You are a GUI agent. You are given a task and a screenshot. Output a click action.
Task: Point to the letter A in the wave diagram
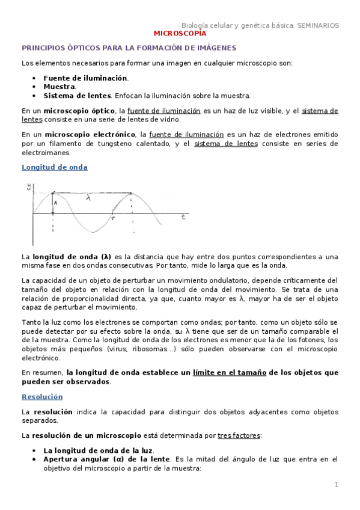[55, 203]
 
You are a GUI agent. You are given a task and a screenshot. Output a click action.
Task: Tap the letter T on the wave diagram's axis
[112, 220]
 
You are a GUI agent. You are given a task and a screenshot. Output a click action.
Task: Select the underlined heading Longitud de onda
[55, 167]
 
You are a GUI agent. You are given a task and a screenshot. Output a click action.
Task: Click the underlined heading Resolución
[42, 397]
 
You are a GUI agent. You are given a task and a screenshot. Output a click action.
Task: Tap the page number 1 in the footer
[337, 485]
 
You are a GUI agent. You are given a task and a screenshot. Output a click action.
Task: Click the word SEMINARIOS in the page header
[317, 25]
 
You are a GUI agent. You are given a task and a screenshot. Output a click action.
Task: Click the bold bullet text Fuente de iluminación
[85, 78]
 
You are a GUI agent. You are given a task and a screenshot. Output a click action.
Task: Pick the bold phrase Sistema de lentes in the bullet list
[77, 96]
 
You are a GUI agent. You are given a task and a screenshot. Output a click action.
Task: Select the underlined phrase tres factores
[239, 435]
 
